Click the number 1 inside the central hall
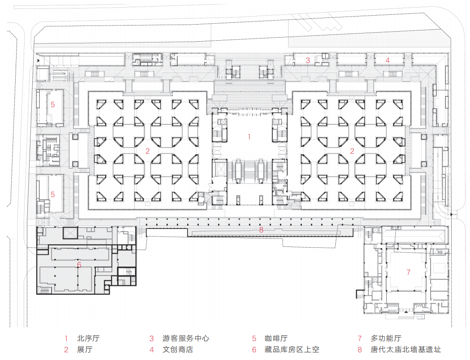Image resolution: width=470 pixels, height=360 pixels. (249, 137)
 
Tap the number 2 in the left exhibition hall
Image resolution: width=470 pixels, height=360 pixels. (147, 151)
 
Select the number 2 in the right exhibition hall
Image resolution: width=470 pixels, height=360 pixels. (352, 151)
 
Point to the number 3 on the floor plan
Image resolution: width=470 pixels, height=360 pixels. (308, 60)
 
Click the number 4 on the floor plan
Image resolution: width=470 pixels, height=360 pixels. (388, 60)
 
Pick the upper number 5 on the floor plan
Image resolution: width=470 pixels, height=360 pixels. (53, 105)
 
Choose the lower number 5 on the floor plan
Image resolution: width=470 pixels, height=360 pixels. (53, 195)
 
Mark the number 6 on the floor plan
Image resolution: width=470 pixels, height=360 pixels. (79, 265)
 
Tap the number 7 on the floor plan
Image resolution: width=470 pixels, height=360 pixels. (408, 272)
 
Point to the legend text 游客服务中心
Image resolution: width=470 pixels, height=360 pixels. (186, 339)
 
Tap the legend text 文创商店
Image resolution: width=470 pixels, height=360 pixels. (178, 350)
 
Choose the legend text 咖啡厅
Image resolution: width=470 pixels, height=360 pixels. (276, 339)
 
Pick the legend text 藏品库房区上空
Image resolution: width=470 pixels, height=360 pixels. (291, 350)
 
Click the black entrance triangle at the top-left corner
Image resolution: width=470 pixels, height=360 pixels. (39, 59)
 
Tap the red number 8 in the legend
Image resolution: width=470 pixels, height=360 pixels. (359, 350)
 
